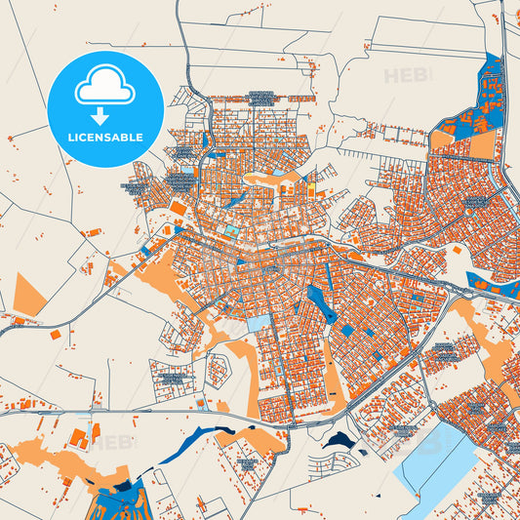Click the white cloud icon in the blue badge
(105, 88)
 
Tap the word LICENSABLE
(105, 139)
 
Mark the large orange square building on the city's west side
(178, 207)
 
